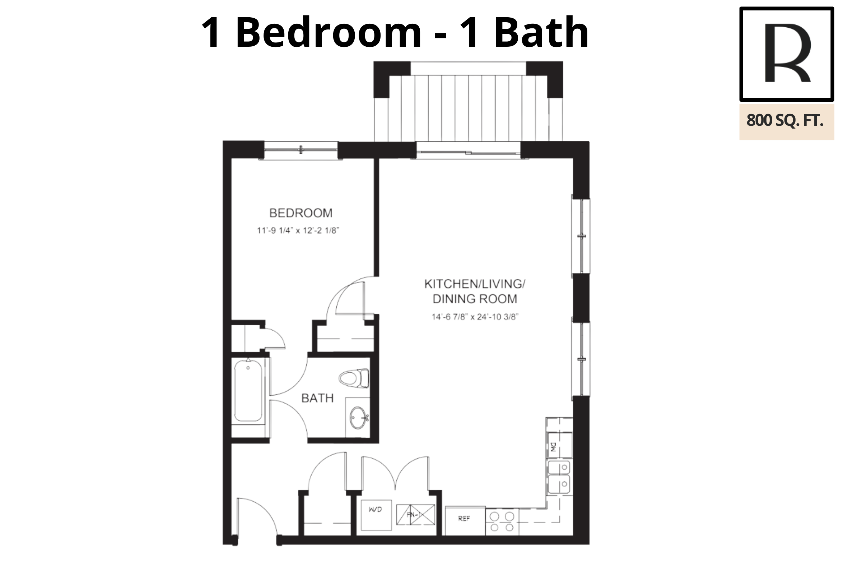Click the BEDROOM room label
click(x=301, y=213)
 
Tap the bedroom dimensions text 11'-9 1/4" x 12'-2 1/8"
click(x=298, y=231)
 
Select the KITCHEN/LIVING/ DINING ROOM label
click(x=475, y=291)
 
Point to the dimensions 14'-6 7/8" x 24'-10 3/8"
click(x=475, y=317)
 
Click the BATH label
click(x=317, y=398)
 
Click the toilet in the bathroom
click(x=354, y=378)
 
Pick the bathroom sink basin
click(x=358, y=418)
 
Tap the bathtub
click(x=248, y=391)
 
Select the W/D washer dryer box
click(x=376, y=515)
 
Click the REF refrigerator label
click(x=464, y=519)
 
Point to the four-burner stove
click(x=502, y=522)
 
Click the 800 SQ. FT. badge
click(x=787, y=122)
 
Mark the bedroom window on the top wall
click(x=300, y=150)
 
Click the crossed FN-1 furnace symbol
click(x=415, y=515)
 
